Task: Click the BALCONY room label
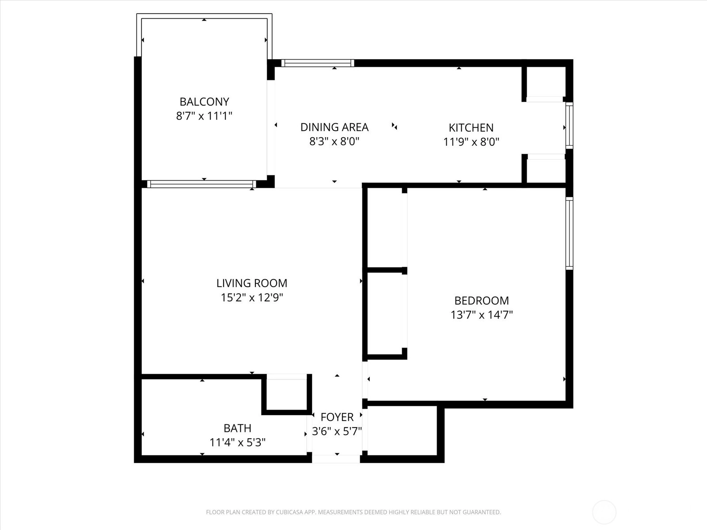pyautogui.click(x=204, y=102)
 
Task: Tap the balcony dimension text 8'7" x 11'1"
pyautogui.click(x=204, y=116)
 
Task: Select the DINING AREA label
pyautogui.click(x=334, y=127)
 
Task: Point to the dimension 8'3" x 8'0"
pyautogui.click(x=334, y=141)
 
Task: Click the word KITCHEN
pyautogui.click(x=471, y=128)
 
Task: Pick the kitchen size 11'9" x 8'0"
pyautogui.click(x=471, y=142)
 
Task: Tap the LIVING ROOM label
pyautogui.click(x=251, y=283)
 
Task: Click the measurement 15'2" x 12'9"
pyautogui.click(x=251, y=298)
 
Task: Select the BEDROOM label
pyautogui.click(x=482, y=301)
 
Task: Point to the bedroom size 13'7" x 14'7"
pyautogui.click(x=482, y=315)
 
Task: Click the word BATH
pyautogui.click(x=237, y=428)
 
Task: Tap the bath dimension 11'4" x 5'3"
pyautogui.click(x=237, y=443)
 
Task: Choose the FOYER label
pyautogui.click(x=337, y=417)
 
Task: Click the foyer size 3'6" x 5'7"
pyautogui.click(x=337, y=431)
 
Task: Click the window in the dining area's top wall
pyautogui.click(x=318, y=63)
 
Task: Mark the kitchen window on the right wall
pyautogui.click(x=570, y=125)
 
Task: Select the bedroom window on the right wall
pyautogui.click(x=570, y=233)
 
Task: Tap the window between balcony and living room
pyautogui.click(x=201, y=184)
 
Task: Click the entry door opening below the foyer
pyautogui.click(x=336, y=459)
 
